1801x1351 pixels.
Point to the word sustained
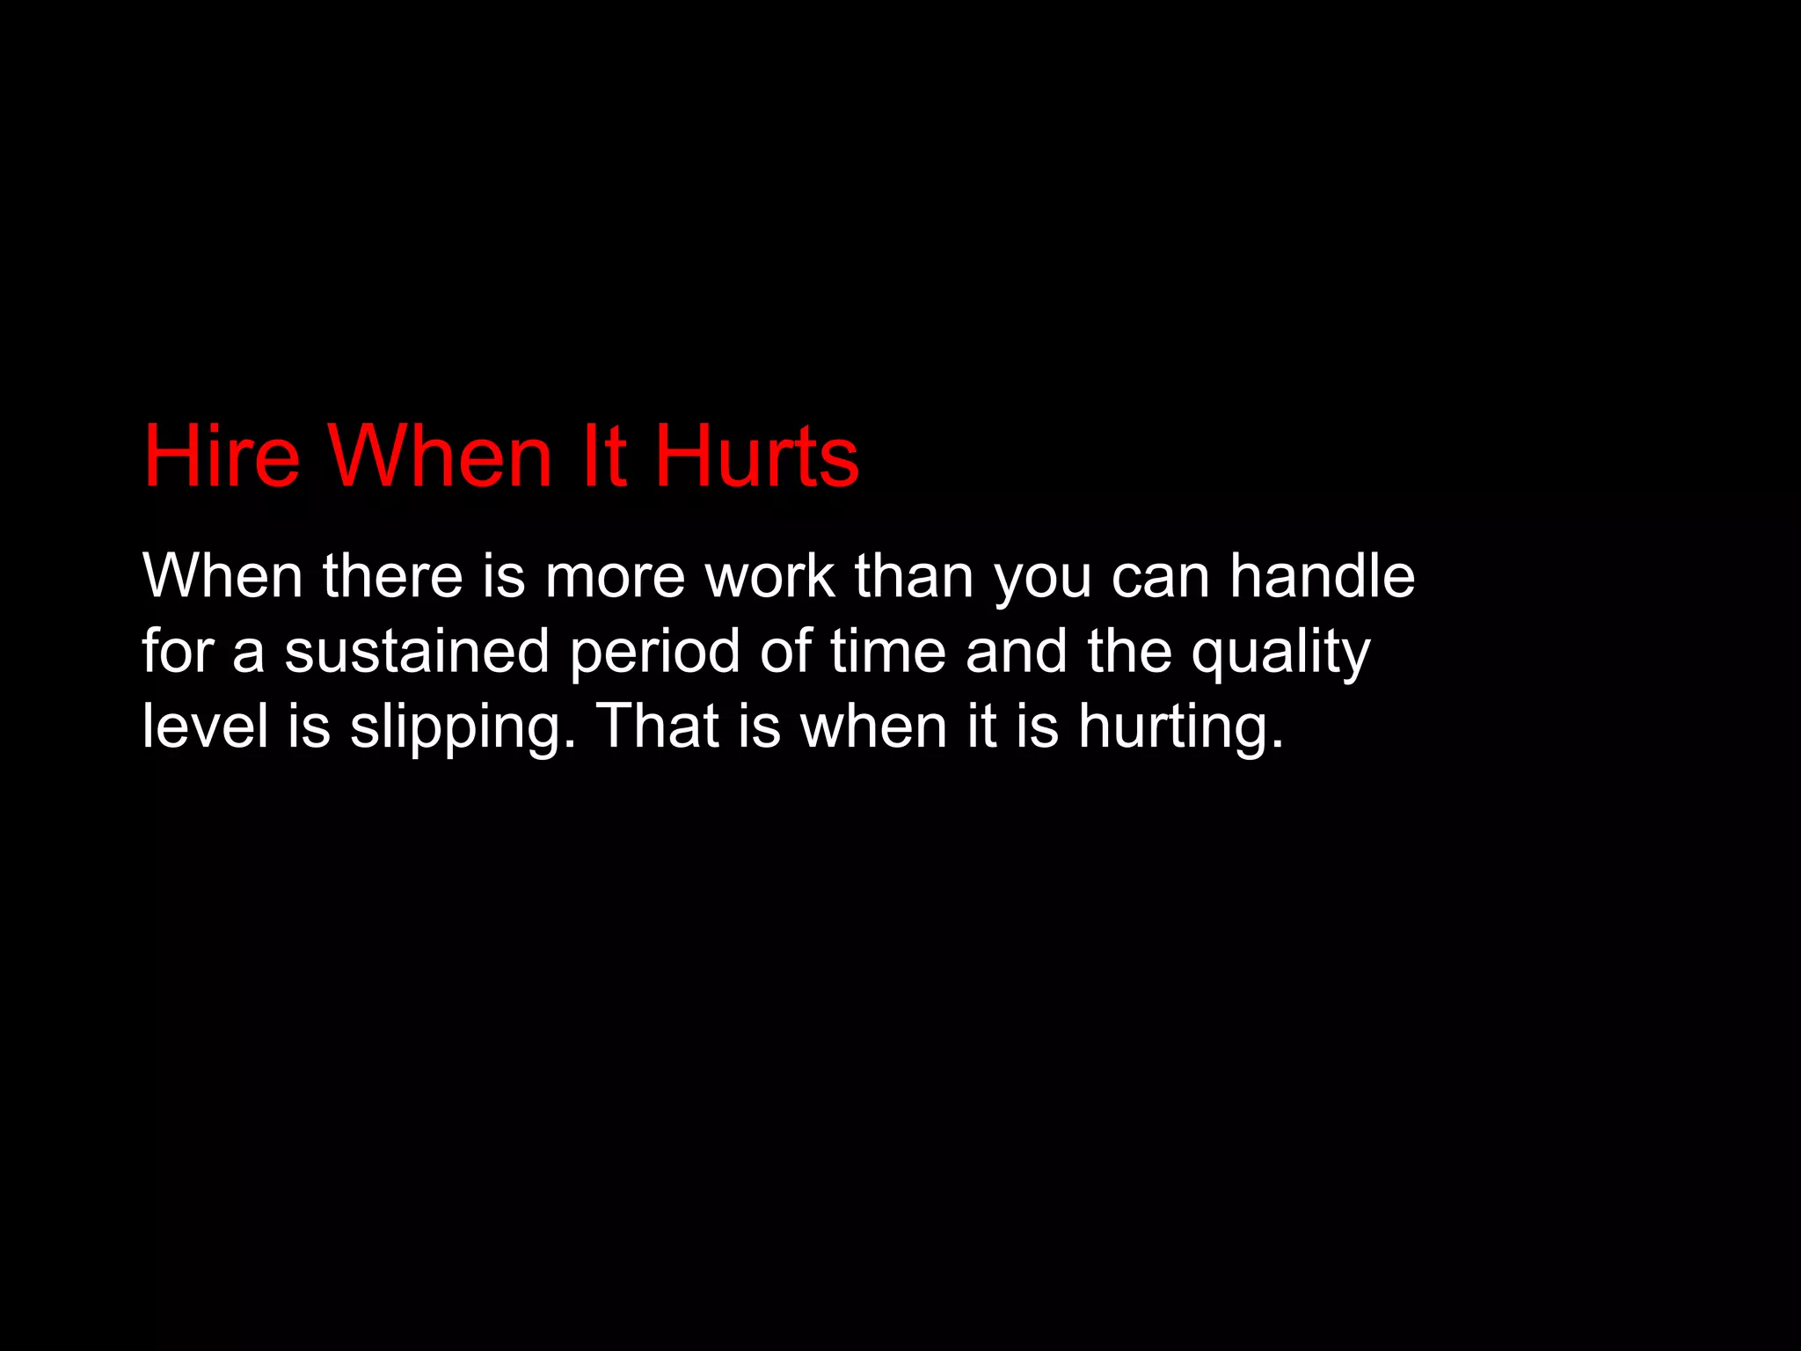point(416,652)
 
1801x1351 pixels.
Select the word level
point(205,727)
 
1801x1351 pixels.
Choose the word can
point(1161,578)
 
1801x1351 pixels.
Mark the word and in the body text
point(1017,652)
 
